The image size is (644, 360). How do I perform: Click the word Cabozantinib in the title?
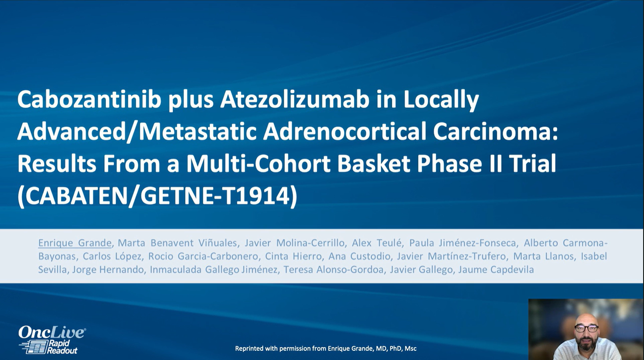pos(89,100)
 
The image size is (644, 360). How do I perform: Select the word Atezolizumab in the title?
pos(295,100)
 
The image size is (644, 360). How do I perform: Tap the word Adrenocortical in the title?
pos(345,132)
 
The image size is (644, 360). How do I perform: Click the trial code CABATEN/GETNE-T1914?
pos(158,196)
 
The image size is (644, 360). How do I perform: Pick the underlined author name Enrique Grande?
pos(75,243)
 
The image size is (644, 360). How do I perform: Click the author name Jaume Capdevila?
pos(496,270)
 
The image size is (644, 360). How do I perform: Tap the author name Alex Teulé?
pos(377,243)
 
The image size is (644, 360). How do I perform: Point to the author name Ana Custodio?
pos(359,256)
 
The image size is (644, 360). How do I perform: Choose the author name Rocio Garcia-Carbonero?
pos(203,256)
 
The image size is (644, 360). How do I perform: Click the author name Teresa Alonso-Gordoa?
pos(334,270)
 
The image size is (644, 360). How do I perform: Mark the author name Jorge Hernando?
pos(108,270)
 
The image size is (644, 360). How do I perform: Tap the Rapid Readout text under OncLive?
pos(62,346)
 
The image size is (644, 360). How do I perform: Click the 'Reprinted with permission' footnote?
pos(326,349)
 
